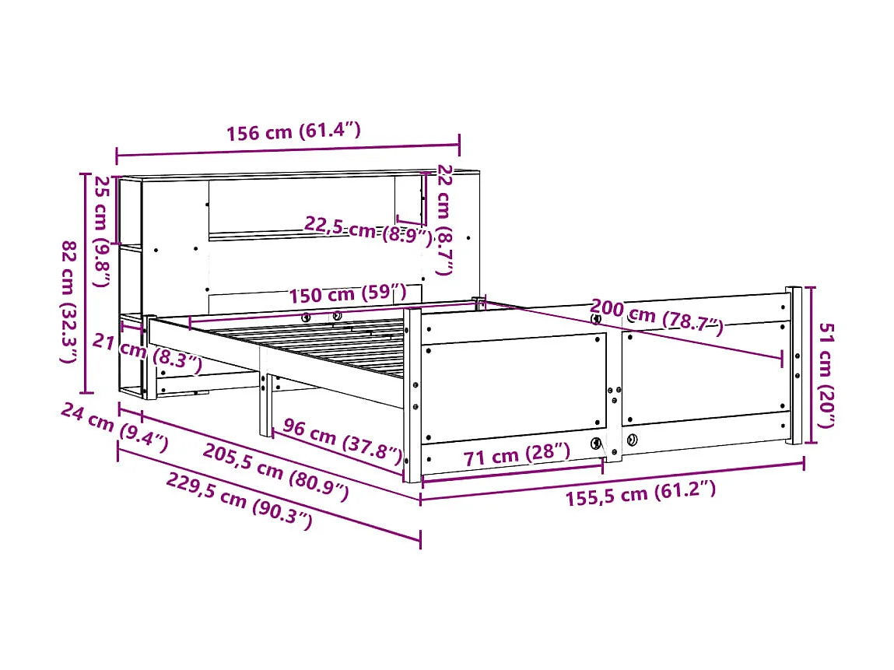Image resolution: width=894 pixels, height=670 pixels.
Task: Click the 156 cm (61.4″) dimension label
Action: pyautogui.click(x=293, y=132)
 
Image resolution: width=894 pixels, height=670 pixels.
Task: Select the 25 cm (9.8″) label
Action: pyautogui.click(x=101, y=231)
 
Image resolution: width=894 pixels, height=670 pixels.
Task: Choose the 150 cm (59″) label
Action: pyautogui.click(x=348, y=295)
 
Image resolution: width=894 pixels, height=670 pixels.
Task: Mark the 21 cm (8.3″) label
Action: pyautogui.click(x=148, y=351)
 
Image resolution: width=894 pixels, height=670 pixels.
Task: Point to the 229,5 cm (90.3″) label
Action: pyautogui.click(x=239, y=501)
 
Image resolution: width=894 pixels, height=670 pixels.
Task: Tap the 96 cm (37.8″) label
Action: pyautogui.click(x=342, y=439)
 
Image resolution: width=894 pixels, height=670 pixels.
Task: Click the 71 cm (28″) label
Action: pyautogui.click(x=516, y=454)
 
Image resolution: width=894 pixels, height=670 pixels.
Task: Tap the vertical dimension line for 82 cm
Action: pyautogui.click(x=85, y=283)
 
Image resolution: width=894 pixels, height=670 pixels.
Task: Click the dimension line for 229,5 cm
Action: pyautogui.click(x=268, y=493)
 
